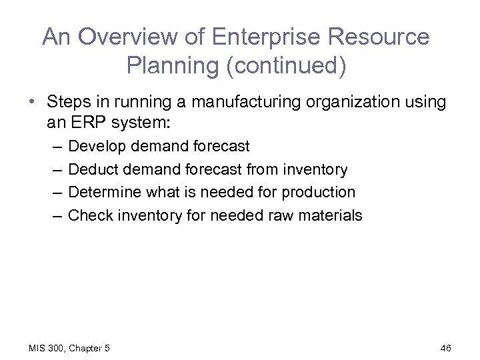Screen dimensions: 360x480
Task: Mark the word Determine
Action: [101, 192]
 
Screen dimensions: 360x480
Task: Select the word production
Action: [318, 192]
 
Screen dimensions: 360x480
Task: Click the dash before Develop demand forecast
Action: [54, 146]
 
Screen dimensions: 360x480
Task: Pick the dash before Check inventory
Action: [54, 215]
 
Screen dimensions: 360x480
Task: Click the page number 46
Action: [447, 348]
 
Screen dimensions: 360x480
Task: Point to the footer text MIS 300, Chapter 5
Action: [69, 348]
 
